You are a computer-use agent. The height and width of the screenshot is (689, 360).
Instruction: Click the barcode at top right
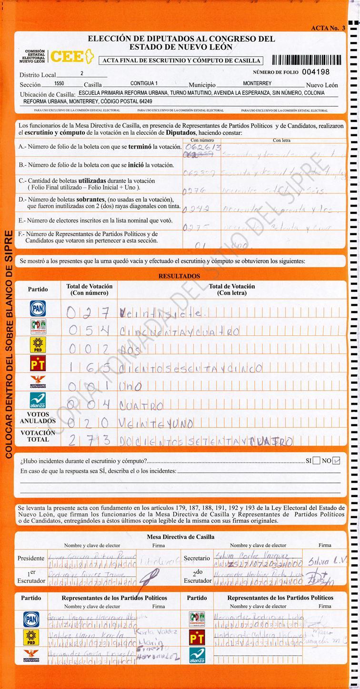click(x=307, y=60)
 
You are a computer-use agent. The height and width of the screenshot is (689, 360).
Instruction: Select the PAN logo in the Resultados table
click(x=38, y=309)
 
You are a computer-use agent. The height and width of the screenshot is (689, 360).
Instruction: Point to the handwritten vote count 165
click(x=89, y=368)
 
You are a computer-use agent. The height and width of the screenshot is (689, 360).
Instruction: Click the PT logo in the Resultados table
click(x=38, y=364)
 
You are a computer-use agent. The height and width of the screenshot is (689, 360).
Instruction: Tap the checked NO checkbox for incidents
click(x=337, y=460)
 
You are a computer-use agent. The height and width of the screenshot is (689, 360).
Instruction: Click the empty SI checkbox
click(x=316, y=460)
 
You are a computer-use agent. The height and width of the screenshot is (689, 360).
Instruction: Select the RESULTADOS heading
click(x=179, y=276)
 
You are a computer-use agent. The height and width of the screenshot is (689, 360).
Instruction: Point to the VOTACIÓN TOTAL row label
click(x=38, y=436)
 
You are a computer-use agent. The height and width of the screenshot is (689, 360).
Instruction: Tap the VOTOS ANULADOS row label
click(x=38, y=418)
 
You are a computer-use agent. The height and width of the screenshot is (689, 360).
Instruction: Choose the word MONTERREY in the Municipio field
click(x=257, y=83)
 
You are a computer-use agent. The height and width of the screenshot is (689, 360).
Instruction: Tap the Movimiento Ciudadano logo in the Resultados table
click(x=38, y=383)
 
